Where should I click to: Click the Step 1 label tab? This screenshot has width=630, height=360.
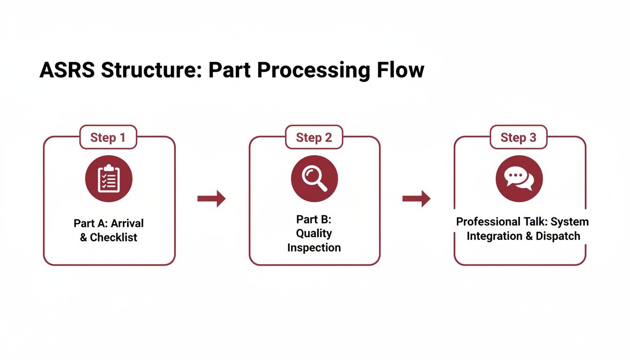click(108, 137)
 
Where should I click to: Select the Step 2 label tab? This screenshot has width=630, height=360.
click(314, 137)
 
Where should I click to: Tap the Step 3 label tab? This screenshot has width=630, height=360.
click(518, 137)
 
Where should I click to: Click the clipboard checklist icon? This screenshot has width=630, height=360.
click(109, 179)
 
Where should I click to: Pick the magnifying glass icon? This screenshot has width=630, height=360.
click(315, 179)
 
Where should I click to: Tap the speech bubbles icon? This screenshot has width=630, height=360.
click(519, 179)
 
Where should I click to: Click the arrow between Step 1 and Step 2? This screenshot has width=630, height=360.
click(211, 199)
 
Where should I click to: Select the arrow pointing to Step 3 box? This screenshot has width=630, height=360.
click(416, 199)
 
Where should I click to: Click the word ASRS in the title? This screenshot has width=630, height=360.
click(67, 70)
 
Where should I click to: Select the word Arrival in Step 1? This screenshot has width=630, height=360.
click(127, 223)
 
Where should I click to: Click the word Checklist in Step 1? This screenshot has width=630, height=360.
click(114, 237)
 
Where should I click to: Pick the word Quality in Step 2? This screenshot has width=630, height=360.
click(314, 233)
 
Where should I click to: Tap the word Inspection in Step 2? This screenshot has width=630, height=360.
click(314, 247)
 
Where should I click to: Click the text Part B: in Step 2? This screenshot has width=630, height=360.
click(314, 219)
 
